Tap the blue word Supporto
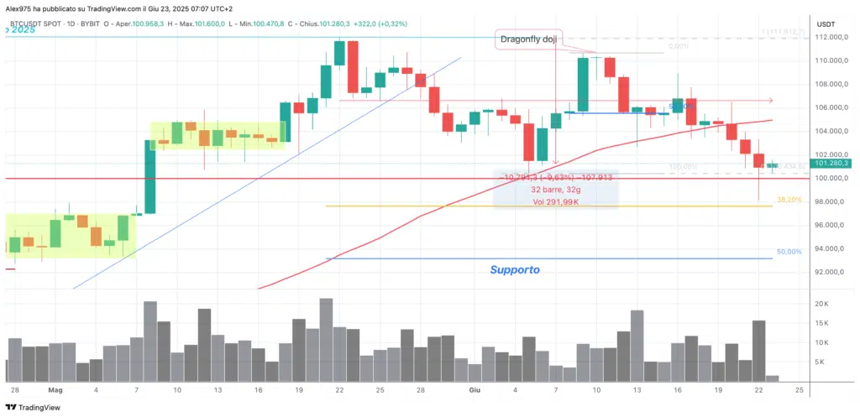point(515,270)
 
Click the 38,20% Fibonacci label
point(789,201)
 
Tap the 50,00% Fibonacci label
point(789,252)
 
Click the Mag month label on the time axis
point(55,390)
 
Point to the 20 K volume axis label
point(821,304)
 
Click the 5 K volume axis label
point(818,362)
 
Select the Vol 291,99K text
point(558,201)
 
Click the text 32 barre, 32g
point(558,190)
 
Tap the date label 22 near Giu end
point(759,390)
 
